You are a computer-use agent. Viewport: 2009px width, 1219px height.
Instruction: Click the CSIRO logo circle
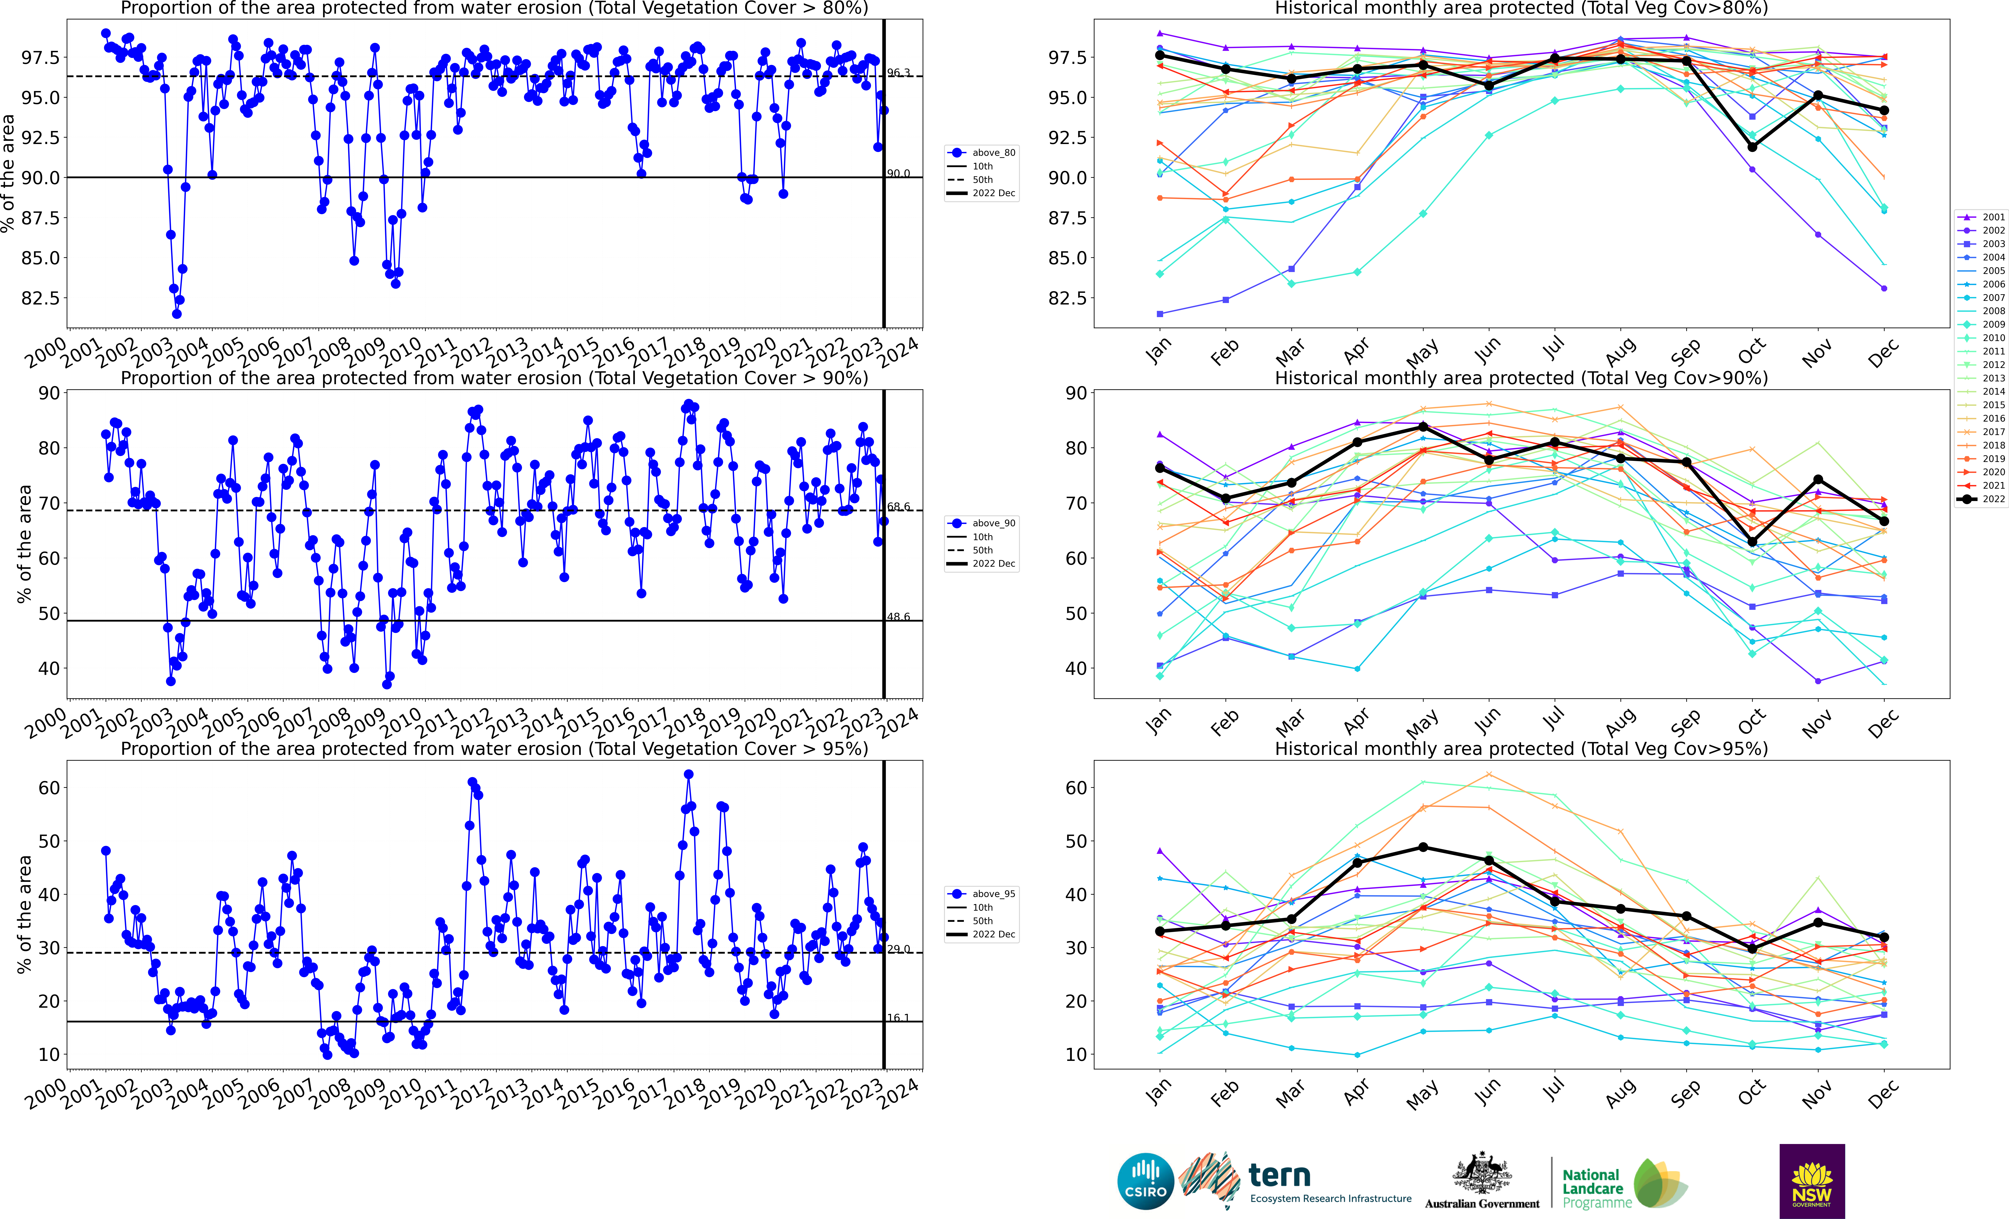(x=1146, y=1181)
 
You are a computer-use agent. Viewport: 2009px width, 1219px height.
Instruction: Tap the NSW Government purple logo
(x=1812, y=1181)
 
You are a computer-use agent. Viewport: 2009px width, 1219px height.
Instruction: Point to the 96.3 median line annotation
(x=898, y=73)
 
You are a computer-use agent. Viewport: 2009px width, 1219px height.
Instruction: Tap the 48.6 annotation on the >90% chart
(x=898, y=616)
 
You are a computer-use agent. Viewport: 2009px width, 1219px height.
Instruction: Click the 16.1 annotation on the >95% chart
(x=898, y=1018)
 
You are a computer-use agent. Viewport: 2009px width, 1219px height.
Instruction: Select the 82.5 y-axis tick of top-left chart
(x=41, y=299)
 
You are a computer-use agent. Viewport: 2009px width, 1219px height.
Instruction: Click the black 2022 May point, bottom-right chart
(x=1423, y=847)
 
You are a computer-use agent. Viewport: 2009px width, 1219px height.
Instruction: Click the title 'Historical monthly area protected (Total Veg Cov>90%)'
(x=1521, y=378)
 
